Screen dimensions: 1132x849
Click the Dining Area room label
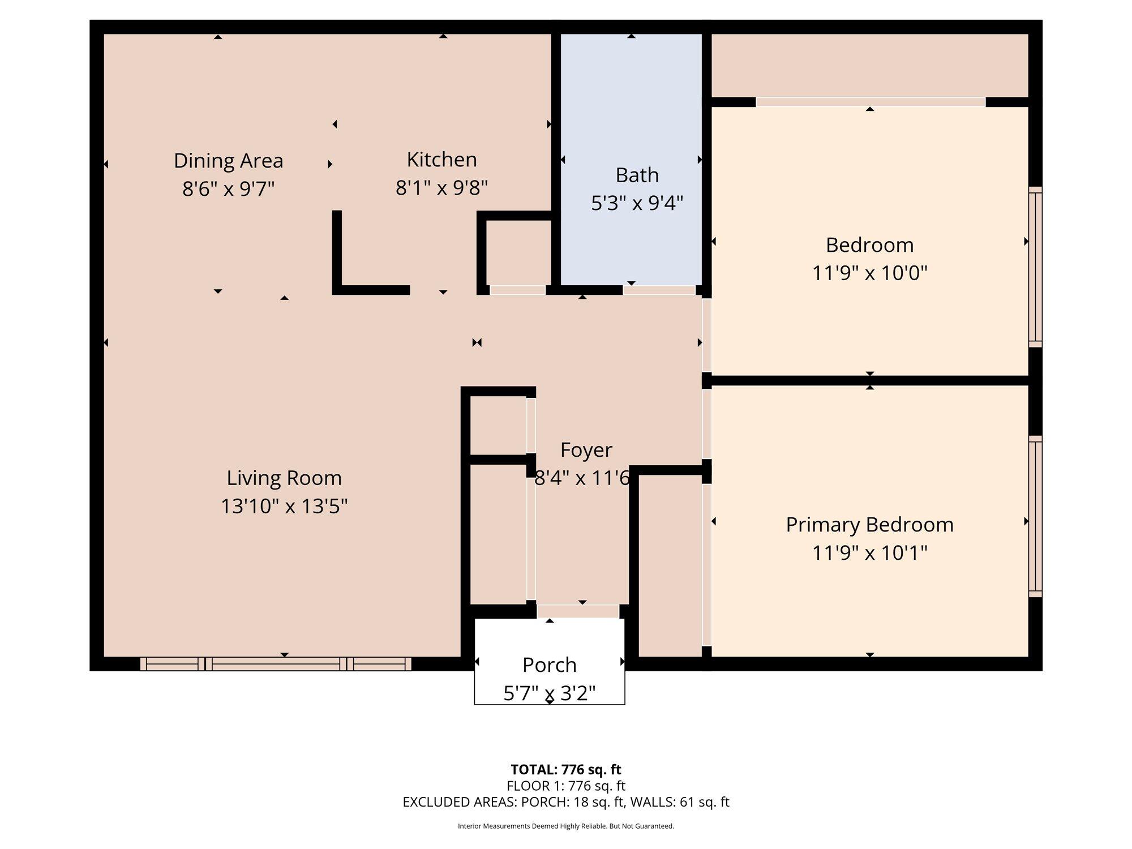228,161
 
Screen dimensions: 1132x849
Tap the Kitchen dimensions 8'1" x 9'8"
441,187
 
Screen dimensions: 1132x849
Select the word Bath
637,175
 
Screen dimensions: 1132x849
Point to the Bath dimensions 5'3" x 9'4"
637,203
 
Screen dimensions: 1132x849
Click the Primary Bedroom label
870,525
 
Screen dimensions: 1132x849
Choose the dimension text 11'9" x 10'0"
870,273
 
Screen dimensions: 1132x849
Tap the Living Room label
284,478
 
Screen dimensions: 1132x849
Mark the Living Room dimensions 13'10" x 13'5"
284,506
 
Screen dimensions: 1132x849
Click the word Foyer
586,451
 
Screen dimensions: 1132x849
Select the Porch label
550,665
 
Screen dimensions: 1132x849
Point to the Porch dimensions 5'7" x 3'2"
550,693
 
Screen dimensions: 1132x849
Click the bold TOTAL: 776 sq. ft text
566,770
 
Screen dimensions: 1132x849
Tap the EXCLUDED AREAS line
566,802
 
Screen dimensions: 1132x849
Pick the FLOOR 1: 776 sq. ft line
566,786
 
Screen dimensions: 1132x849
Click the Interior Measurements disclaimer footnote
566,826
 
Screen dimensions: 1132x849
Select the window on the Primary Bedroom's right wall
1035,516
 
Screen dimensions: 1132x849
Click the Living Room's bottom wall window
276,664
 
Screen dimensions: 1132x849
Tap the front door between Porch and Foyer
578,611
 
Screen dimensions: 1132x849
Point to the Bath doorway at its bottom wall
659,290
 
